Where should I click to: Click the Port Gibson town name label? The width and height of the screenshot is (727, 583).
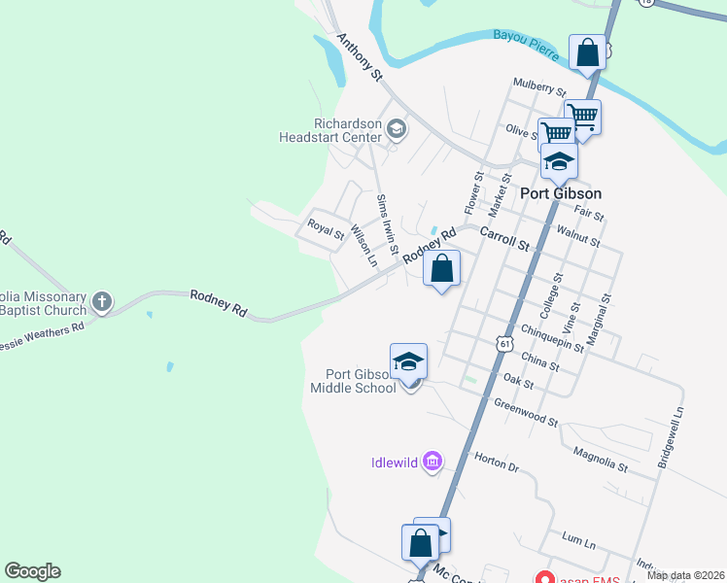pyautogui.click(x=561, y=193)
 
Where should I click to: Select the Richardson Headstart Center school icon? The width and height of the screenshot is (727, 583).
pyautogui.click(x=396, y=128)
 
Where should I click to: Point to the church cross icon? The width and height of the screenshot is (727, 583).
pyautogui.click(x=104, y=302)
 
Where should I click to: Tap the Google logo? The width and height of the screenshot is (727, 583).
pyautogui.click(x=32, y=571)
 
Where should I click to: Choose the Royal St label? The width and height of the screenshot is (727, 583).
pyautogui.click(x=327, y=229)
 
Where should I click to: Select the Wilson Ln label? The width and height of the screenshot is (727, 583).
pyautogui.click(x=362, y=246)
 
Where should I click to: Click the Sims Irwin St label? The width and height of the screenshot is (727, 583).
pyautogui.click(x=387, y=223)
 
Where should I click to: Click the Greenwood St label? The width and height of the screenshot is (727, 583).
pyautogui.click(x=525, y=413)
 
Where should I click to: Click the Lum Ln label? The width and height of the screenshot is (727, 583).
pyautogui.click(x=577, y=537)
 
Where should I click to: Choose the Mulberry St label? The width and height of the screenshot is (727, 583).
pyautogui.click(x=539, y=87)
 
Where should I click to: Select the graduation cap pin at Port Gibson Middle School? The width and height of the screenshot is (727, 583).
pyautogui.click(x=409, y=361)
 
